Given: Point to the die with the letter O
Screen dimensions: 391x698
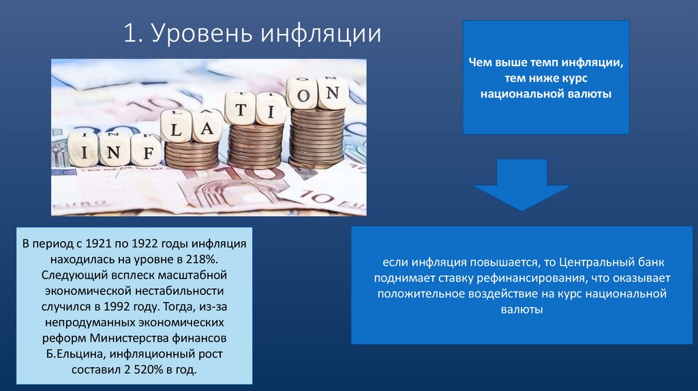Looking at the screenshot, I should tap(302, 93).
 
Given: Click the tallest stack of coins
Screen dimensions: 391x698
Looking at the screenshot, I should tap(316, 139).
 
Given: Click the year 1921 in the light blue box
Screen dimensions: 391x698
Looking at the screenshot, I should tap(95, 243).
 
